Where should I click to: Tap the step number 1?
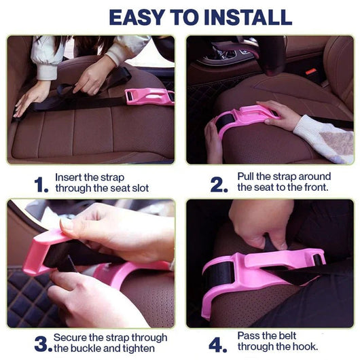pyautogui.click(x=41, y=184)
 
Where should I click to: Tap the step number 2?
pyautogui.click(x=219, y=183)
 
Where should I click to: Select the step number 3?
pyautogui.click(x=42, y=344)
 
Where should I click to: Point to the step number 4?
pyautogui.click(x=217, y=344)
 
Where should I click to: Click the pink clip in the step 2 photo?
pyautogui.click(x=241, y=118)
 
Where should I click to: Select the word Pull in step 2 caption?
pyautogui.click(x=247, y=176)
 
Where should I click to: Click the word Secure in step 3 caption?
pyautogui.click(x=71, y=338)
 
